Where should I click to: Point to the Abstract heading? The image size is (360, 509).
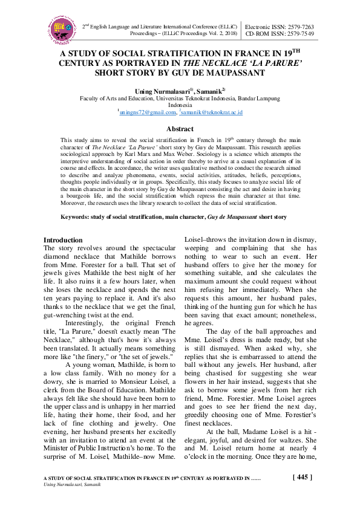click(180, 129)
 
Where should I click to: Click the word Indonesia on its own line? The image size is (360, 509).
click(180, 104)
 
